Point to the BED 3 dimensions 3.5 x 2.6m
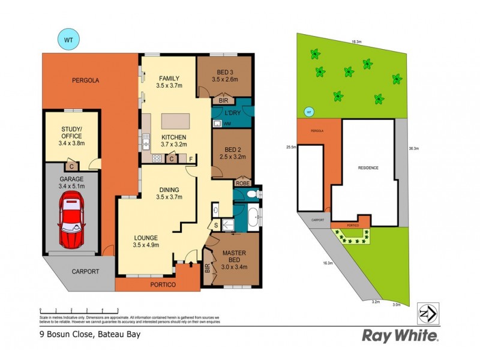point(224,79)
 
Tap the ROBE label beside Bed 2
point(242,183)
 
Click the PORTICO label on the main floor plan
point(163,284)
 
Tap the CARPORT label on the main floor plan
point(85,271)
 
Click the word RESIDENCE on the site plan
point(368,167)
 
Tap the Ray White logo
point(400,335)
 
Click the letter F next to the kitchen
point(191,159)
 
